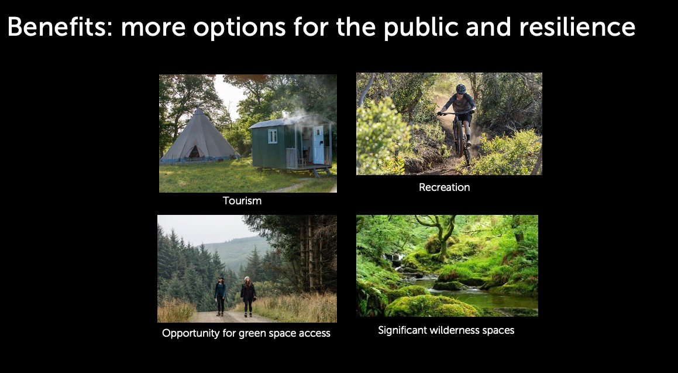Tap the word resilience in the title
577,27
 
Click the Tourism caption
242,201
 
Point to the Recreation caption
444,187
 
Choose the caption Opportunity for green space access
246,333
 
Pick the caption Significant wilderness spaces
446,330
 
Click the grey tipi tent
198,136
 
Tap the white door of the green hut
318,145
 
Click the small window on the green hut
273,136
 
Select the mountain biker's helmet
461,88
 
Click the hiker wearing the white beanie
248,296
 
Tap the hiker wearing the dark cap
221,296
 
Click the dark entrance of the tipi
195,153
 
